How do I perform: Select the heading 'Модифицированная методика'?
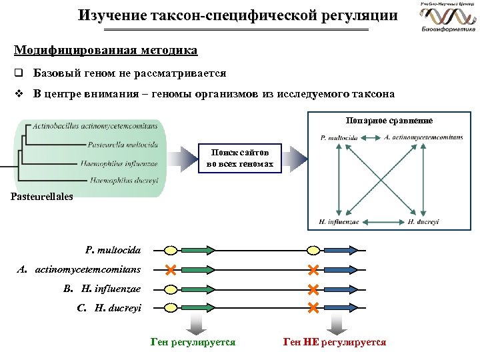click(105, 50)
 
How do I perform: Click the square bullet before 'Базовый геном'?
click(19, 73)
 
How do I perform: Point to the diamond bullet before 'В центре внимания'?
click(19, 94)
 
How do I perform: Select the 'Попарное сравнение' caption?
click(389, 121)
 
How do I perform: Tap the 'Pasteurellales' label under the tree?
click(41, 196)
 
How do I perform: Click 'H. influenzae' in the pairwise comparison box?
click(339, 222)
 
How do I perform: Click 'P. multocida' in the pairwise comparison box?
click(339, 138)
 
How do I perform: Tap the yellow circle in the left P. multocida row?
click(171, 251)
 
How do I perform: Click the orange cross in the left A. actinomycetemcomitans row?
click(171, 270)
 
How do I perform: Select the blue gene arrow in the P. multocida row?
click(343, 251)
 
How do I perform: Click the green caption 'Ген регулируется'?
click(193, 342)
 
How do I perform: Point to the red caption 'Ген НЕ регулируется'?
click(335, 342)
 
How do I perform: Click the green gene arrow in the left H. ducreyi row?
click(198, 307)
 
